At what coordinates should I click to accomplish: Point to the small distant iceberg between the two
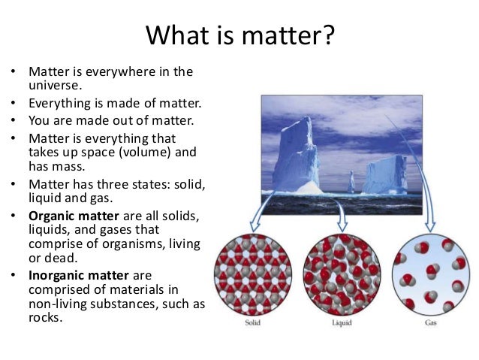351,182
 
